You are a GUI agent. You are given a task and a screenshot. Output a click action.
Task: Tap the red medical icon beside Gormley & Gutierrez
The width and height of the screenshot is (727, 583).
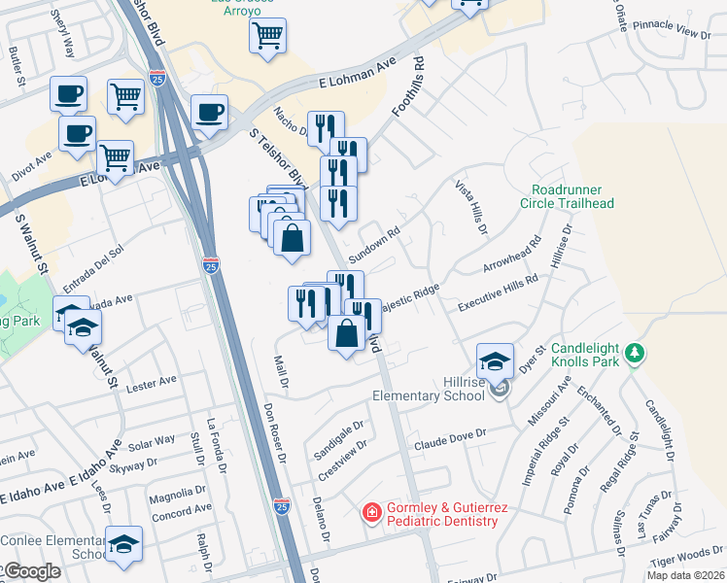tap(371, 512)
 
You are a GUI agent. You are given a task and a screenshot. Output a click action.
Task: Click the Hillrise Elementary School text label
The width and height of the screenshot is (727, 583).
tap(430, 389)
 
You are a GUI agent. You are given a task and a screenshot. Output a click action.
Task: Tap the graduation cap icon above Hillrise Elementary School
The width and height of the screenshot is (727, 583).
tap(495, 361)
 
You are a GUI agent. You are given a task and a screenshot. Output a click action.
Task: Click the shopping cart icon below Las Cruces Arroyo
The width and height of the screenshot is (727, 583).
tap(267, 36)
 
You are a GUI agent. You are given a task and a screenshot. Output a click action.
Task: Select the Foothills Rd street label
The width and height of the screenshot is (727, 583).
tap(410, 88)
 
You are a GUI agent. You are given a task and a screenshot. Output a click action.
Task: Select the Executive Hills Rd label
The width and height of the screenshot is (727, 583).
tap(500, 291)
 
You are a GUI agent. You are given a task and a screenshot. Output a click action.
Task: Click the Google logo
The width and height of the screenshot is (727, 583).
tap(31, 571)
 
